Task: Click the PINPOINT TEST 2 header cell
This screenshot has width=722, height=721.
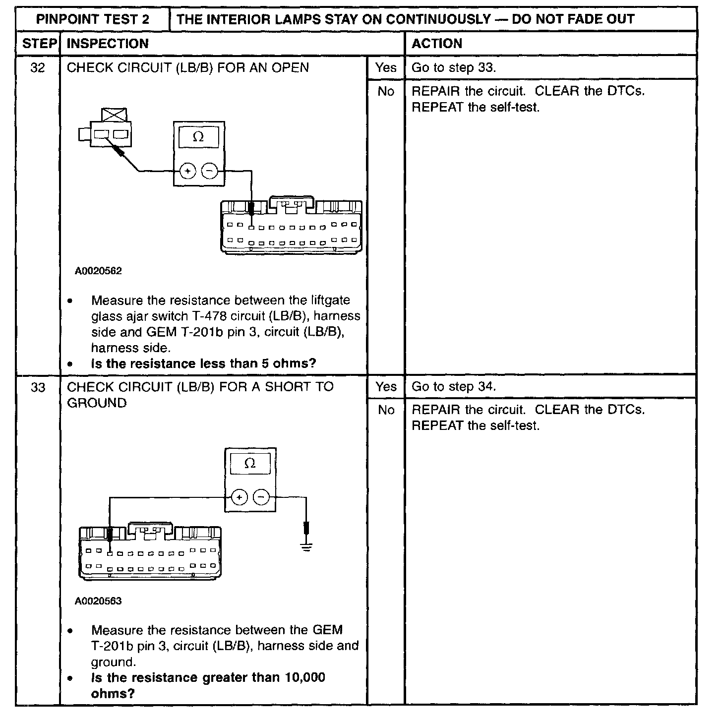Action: click(93, 19)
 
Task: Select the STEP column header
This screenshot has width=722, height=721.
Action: click(39, 44)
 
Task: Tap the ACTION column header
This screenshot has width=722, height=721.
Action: click(437, 44)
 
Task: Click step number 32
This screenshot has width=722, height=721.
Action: click(38, 67)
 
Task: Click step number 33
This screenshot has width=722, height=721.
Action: click(38, 387)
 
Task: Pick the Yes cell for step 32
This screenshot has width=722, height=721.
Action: click(386, 67)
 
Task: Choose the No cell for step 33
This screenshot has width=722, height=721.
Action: click(386, 410)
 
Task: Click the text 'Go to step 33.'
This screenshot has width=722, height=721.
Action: click(454, 67)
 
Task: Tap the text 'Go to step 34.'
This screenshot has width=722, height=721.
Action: click(454, 387)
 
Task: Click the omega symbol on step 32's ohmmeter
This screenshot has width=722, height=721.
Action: click(198, 137)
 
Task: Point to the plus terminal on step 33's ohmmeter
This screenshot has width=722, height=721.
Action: click(239, 497)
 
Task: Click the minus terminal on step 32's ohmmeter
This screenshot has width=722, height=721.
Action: click(210, 172)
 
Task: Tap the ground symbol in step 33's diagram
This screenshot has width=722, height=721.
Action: click(307, 547)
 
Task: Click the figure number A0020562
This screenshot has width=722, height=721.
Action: click(98, 271)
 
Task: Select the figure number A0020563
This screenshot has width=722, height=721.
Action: click(98, 601)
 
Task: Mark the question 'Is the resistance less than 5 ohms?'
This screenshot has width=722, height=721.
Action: click(203, 363)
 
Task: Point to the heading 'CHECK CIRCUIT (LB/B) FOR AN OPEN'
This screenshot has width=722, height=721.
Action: click(188, 67)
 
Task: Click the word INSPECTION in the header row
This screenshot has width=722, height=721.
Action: click(108, 44)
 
